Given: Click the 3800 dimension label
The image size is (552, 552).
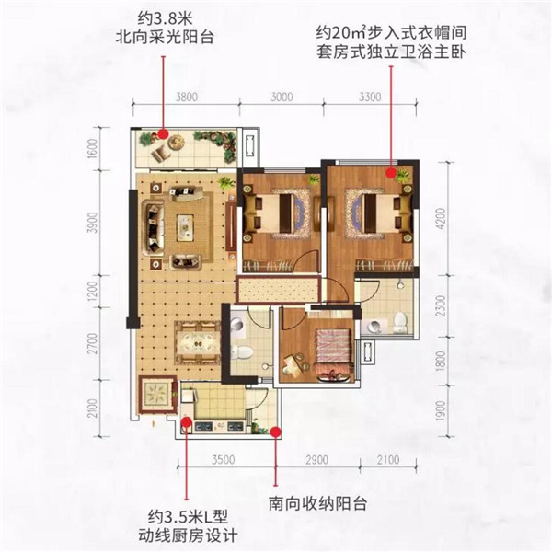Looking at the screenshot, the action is point(187,97).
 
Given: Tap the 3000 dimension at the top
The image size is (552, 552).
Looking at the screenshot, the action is point(282,97).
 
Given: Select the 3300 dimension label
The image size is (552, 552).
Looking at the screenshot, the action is point(370,97).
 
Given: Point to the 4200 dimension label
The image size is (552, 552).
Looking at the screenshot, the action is point(441,219).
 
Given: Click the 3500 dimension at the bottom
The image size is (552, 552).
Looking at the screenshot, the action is point(224,460).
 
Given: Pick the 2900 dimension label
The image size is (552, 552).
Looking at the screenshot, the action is point(316,460).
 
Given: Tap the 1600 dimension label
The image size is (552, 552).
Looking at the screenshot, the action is point(92,148).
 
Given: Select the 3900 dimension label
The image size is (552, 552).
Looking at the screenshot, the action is point(92,223).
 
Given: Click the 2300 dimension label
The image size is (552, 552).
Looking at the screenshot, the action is point(441,305).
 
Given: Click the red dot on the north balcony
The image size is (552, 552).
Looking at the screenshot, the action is point(163,133).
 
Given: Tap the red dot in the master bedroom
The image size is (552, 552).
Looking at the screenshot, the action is point(390,173).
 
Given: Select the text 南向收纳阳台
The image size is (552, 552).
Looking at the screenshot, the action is point(318,504).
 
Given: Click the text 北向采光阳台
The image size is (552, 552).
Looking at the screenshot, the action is point(165,37).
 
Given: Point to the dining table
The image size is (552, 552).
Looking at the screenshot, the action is point(198,342).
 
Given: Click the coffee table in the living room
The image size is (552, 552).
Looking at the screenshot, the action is point(186,228).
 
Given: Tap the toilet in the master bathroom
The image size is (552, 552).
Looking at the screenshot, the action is point(400,323).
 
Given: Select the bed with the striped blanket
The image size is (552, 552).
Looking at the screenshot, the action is point(333,347).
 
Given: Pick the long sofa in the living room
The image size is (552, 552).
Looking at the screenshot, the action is point(153,228).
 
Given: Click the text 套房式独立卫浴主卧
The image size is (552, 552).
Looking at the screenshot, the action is point(391,52).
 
